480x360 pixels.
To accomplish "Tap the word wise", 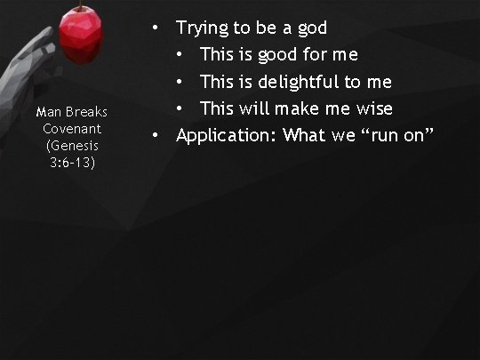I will (x=372, y=108).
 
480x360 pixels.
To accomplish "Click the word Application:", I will (x=225, y=135).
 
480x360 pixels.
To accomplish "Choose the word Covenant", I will (x=72, y=129).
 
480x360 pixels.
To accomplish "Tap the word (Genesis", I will (x=72, y=146).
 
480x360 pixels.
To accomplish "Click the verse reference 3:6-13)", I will (x=72, y=163).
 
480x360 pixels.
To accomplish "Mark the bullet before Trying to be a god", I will (x=155, y=28).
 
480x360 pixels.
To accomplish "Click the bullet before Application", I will (x=155, y=136).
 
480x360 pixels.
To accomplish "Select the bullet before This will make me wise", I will (x=180, y=109).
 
